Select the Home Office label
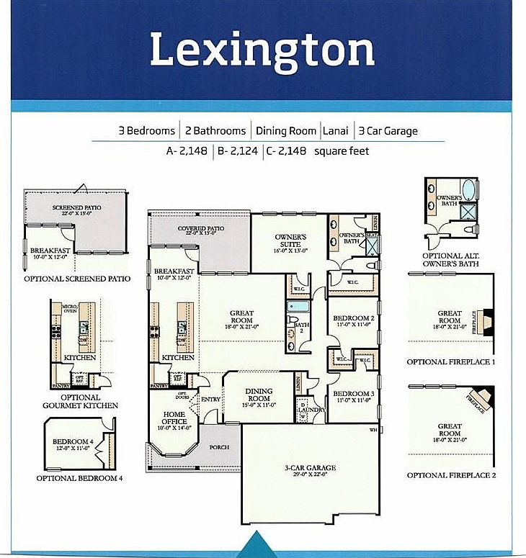(x=174, y=418)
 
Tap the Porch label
(x=219, y=447)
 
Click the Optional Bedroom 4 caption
(x=80, y=477)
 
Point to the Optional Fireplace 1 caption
(x=450, y=362)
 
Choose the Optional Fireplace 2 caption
(x=450, y=475)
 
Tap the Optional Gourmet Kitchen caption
(x=80, y=401)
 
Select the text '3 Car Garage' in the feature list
(x=388, y=131)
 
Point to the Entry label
(x=211, y=400)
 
